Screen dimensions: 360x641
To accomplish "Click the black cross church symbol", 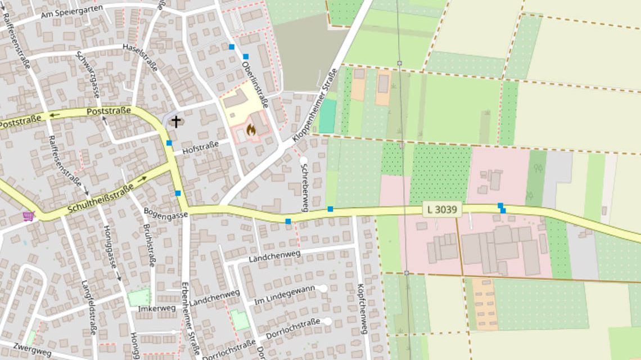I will [x=177, y=121].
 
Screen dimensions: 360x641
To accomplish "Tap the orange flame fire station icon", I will [x=251, y=130].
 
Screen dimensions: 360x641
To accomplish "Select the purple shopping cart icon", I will [x=28, y=215].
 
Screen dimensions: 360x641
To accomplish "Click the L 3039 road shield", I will [x=441, y=210].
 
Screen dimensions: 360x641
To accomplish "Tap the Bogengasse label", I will [x=166, y=215].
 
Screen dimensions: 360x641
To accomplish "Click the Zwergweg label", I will [x=32, y=349].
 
